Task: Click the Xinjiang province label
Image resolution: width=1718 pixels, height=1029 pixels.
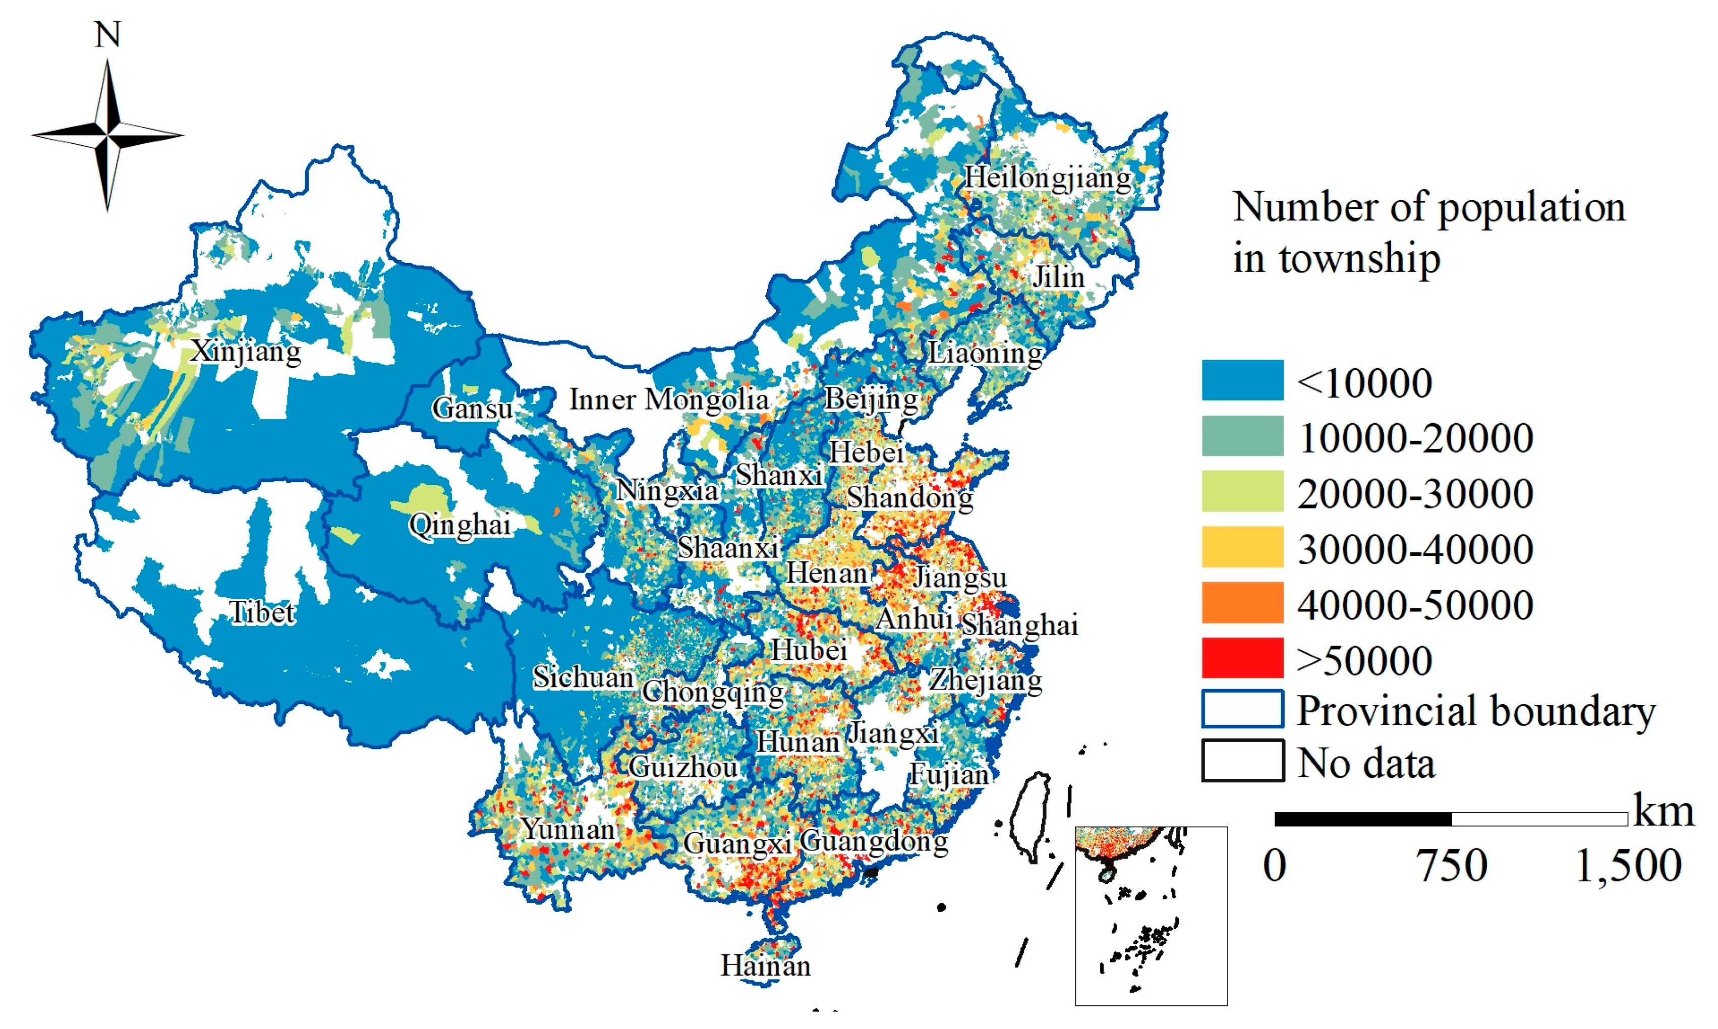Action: [246, 351]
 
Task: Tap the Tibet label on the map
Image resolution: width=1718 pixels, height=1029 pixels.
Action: [262, 612]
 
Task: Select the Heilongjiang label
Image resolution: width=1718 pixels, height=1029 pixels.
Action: [1047, 178]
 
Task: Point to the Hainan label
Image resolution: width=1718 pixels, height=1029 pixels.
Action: [765, 965]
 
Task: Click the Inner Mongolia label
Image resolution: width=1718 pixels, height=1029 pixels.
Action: [669, 399]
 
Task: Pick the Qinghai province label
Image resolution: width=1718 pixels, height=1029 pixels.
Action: [460, 525]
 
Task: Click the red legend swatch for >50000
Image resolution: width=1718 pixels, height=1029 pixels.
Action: [1242, 657]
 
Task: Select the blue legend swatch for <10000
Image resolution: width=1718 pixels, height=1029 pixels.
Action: [1242, 380]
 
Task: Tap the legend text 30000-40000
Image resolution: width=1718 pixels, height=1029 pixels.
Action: [1415, 549]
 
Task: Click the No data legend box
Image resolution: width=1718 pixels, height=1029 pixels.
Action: [1242, 761]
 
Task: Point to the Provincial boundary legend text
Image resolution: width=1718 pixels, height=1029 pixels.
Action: [1475, 711]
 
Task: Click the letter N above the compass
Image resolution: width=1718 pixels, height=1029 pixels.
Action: [107, 35]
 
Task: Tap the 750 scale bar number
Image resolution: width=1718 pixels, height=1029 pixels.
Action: [1452, 866]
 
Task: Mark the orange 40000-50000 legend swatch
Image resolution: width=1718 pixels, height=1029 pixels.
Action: [1242, 602]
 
